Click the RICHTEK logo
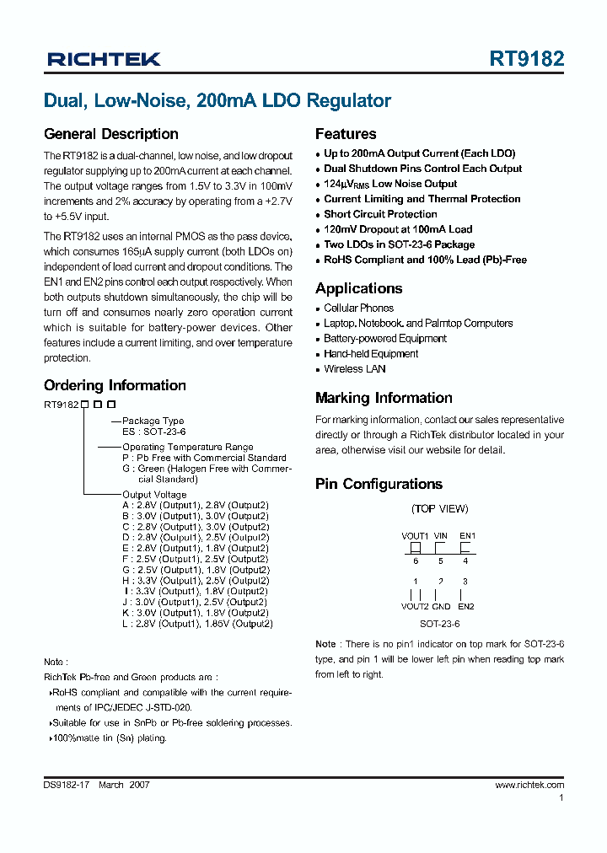tap(104, 59)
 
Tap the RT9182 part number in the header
tap(527, 59)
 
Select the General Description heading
tap(110, 134)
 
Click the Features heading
tap(346, 134)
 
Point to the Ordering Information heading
tap(115, 385)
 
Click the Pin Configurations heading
tap(379, 484)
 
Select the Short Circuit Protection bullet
tap(380, 214)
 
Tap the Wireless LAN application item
tap(355, 369)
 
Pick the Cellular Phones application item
tap(358, 308)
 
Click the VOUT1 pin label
tap(415, 535)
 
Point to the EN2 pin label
tap(465, 606)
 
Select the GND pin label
tap(441, 606)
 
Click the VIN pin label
tap(440, 535)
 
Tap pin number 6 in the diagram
tap(415, 561)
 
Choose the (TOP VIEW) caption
tap(439, 508)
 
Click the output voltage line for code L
tap(197, 624)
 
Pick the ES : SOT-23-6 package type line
tap(153, 432)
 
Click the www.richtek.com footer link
tap(529, 785)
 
